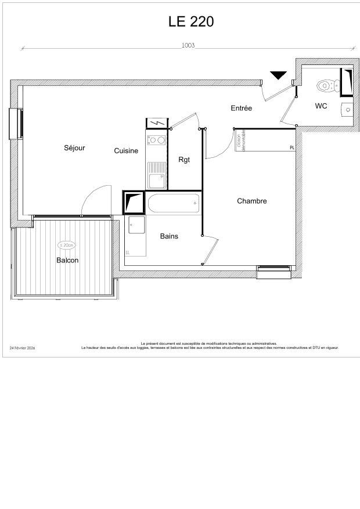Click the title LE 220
pos(191,21)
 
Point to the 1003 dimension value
pos(188,45)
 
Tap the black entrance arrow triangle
pos(279,75)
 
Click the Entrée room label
pos(241,108)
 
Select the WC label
pos(321,106)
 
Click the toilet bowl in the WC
pos(324,86)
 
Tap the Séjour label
pos(74,148)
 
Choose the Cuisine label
pos(126,151)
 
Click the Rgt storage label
pos(184,160)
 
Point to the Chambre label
pos(252,201)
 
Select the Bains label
pos(169,236)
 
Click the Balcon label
pos(67,260)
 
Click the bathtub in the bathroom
pos(173,204)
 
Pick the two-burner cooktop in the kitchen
pos(156,140)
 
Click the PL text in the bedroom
pos(292,148)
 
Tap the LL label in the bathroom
pos(128,252)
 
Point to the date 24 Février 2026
pos(23,348)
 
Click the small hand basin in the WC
pos(347,108)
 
